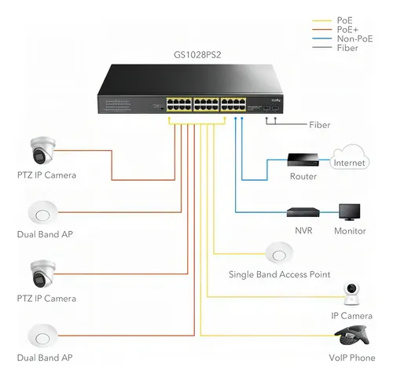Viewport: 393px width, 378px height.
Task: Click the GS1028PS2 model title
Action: click(197, 55)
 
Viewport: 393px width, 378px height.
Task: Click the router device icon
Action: click(303, 160)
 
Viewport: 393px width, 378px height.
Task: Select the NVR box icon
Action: click(303, 212)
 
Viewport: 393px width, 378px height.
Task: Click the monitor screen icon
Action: click(350, 211)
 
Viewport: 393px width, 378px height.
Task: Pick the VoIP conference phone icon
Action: click(352, 336)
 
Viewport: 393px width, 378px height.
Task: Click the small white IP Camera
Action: click(351, 293)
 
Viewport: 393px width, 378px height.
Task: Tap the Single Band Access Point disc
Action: click(279, 253)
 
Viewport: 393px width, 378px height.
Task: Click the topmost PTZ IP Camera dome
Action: click(42, 150)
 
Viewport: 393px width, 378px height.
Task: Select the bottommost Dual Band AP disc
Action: click(42, 336)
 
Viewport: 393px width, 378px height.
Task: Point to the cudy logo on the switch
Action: click(276, 100)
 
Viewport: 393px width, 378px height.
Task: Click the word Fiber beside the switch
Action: click(319, 125)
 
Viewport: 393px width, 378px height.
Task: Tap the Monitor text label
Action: click(350, 231)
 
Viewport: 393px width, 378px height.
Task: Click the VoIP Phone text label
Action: click(352, 358)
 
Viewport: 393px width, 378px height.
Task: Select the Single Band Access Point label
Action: click(279, 274)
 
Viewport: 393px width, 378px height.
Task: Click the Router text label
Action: click(303, 176)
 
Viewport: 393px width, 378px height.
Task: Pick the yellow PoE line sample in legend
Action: click(322, 20)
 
